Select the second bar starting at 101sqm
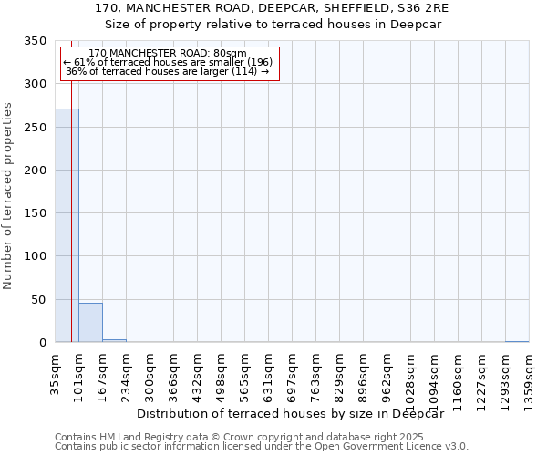[90, 323]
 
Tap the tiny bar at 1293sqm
[516, 341]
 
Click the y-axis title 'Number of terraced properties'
[9, 195]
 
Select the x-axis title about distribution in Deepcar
[296, 413]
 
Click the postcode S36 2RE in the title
[425, 7]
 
